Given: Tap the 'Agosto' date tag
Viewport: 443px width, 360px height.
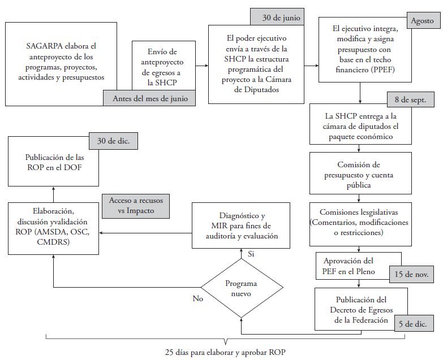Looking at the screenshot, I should coord(422,21).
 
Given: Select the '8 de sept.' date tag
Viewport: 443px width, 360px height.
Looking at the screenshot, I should coord(414,101).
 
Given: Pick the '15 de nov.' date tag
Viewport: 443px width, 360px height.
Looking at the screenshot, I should coord(412,274).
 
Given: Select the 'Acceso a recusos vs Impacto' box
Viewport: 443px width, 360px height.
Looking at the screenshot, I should coord(136,206).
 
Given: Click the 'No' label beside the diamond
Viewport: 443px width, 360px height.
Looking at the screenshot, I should coord(197,298).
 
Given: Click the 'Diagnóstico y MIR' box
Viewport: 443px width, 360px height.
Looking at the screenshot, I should coord(242,225).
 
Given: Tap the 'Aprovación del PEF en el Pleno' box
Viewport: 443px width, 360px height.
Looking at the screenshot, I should coord(349,266).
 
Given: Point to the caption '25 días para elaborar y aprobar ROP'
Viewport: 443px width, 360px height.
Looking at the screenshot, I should coord(225,353).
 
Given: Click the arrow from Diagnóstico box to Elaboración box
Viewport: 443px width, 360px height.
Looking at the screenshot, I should coord(147,232).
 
